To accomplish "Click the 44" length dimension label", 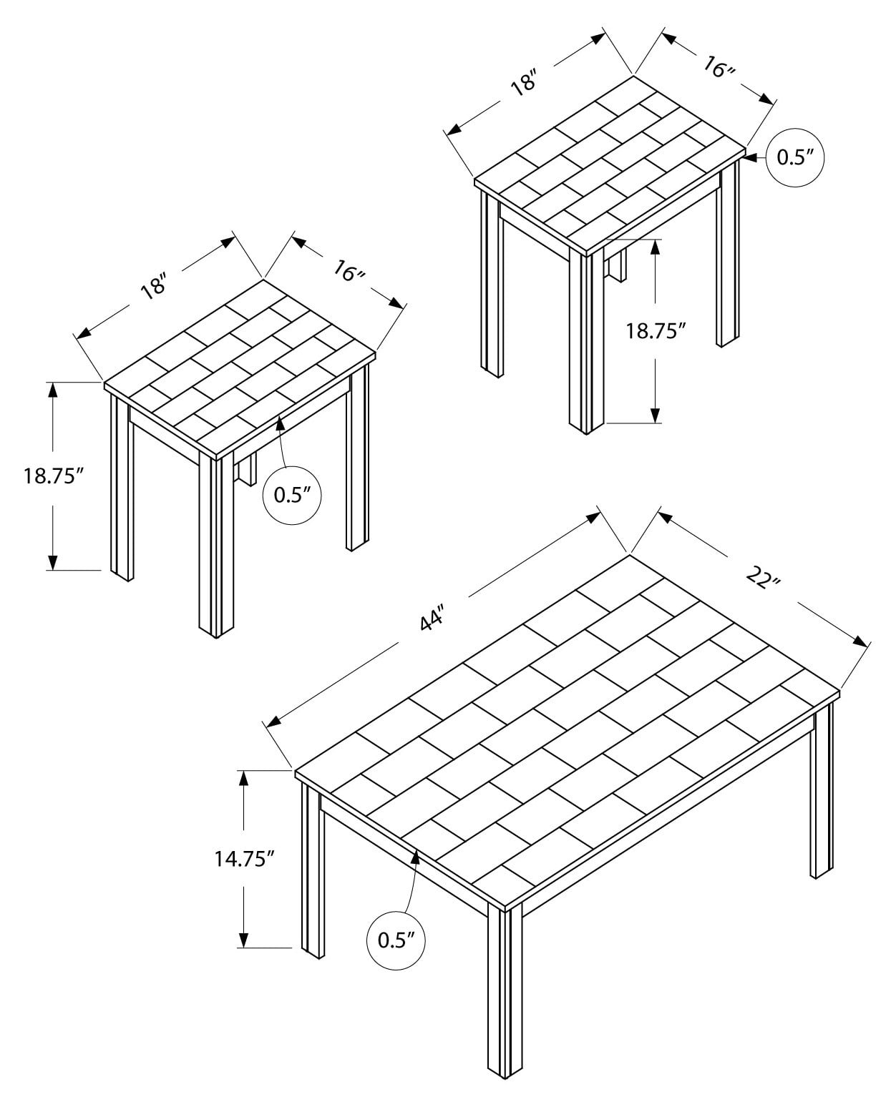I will click(432, 619).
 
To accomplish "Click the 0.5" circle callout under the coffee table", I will click(396, 940).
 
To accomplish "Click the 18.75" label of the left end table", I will click(49, 476).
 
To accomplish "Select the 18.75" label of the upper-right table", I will click(656, 330).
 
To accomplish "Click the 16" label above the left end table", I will click(350, 270).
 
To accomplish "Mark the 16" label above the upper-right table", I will click(719, 68).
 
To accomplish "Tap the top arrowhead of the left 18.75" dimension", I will click(52, 390).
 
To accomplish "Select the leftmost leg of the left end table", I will click(121, 486).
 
